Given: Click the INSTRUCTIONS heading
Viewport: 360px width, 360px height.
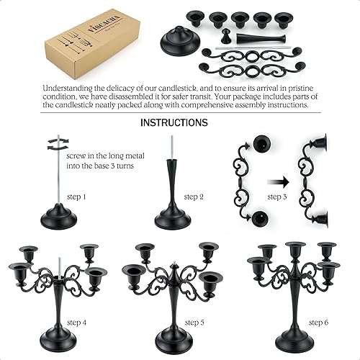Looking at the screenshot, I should [x=174, y=122].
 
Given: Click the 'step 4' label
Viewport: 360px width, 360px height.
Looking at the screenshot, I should [x=78, y=323].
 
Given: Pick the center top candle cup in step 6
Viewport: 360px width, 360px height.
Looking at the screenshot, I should [x=295, y=248].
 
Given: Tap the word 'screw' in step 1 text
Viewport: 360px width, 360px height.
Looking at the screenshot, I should [x=75, y=155].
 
